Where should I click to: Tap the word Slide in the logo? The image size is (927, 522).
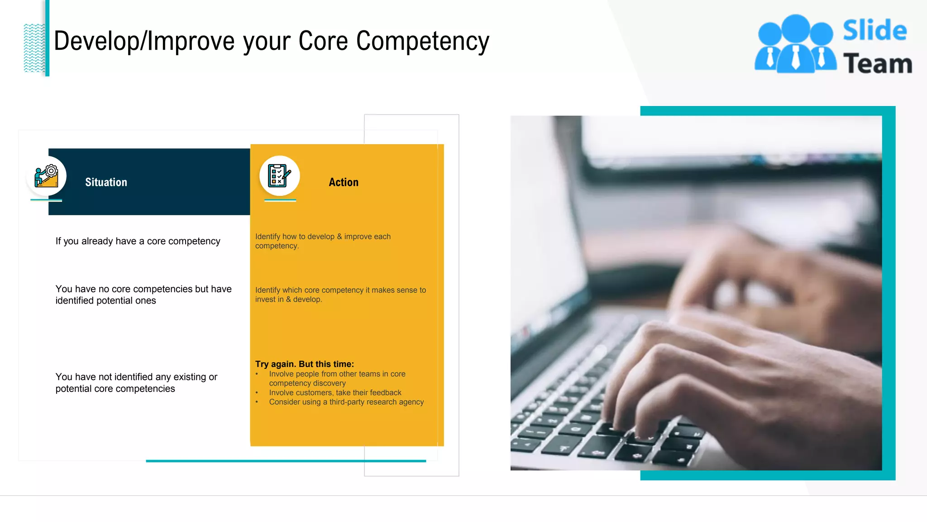(874, 31)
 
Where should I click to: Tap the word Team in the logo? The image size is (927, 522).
(877, 63)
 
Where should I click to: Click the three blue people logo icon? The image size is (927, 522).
(795, 44)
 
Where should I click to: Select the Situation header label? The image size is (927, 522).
(106, 182)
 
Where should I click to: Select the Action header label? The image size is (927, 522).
(344, 182)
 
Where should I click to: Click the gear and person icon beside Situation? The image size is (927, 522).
(47, 176)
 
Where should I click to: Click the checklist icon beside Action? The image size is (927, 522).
(279, 176)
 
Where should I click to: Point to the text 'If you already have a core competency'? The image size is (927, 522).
(138, 241)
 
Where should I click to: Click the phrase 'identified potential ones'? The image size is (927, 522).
(105, 301)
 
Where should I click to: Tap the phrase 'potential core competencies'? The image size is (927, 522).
(115, 389)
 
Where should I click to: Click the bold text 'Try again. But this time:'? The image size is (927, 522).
(304, 364)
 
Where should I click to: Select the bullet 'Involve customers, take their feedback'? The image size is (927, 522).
(335, 392)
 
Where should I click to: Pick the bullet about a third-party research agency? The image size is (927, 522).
(346, 402)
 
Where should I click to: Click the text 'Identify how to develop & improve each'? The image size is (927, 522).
(323, 237)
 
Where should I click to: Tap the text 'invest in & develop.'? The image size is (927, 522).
(288, 300)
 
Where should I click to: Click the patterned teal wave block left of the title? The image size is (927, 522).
(34, 48)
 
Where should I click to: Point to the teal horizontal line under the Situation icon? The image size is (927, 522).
(46, 200)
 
